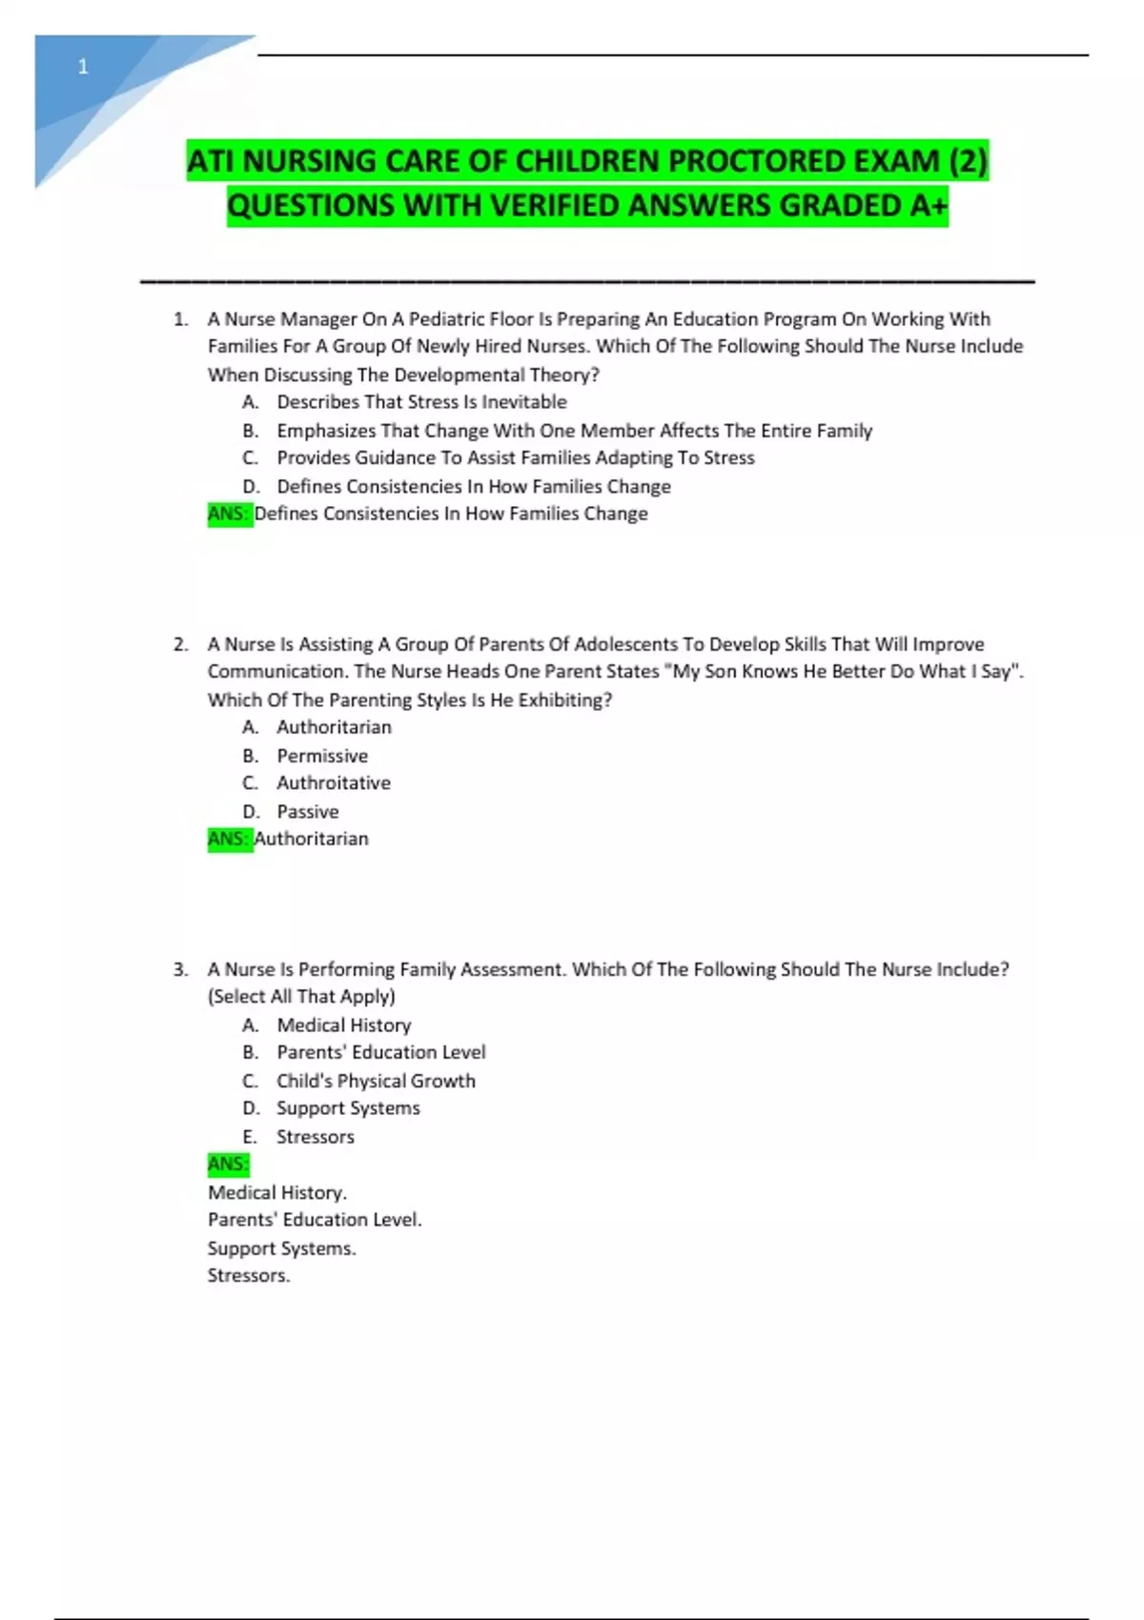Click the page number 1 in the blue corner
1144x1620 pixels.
point(83,67)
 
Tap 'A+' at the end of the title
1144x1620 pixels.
point(928,205)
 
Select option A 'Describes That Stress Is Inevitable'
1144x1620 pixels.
point(421,402)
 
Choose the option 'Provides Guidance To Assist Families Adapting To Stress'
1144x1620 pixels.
point(515,458)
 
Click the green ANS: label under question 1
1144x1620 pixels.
point(229,515)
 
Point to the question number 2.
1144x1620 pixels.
point(180,645)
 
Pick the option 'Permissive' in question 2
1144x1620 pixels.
point(322,756)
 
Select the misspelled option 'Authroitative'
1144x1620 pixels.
point(334,783)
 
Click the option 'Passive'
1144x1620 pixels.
point(307,812)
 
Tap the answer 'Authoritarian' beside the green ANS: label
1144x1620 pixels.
point(312,840)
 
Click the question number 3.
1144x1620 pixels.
point(180,970)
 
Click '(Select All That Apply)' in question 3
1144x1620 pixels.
point(301,997)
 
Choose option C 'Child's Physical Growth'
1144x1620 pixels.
point(376,1081)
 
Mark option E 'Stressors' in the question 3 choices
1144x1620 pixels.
point(315,1137)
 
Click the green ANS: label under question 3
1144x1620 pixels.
point(228,1164)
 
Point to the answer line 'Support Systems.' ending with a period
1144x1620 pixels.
point(281,1248)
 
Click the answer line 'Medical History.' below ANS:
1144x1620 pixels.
point(277,1193)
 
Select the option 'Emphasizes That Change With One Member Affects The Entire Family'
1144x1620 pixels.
point(574,431)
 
